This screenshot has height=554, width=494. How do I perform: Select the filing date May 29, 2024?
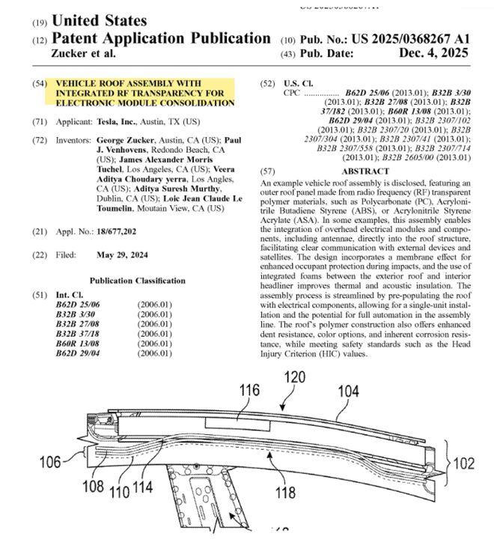click(x=123, y=255)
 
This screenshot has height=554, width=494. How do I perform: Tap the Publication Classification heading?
click(x=137, y=281)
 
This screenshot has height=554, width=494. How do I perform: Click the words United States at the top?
click(x=100, y=20)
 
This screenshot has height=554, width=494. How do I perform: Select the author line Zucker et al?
click(x=85, y=54)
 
